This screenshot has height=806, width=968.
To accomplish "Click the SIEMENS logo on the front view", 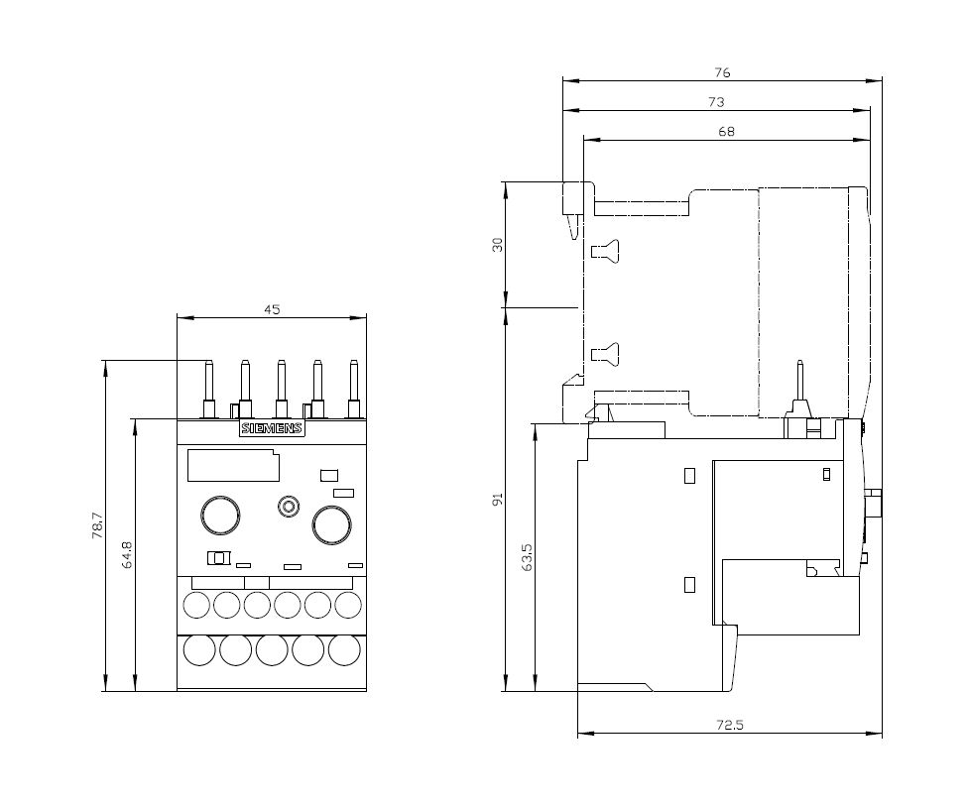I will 272,429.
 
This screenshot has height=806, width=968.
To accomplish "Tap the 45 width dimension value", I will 272,309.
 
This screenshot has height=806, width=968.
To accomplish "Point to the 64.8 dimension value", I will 126,555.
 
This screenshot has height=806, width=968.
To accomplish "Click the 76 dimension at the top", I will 722,72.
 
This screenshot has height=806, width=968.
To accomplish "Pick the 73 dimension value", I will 716,102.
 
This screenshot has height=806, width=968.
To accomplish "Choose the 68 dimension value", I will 727,132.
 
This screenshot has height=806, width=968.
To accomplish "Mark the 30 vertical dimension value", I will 498,244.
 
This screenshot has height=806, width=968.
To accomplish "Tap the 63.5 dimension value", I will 528,557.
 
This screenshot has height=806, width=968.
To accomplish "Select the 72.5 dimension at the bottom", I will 730,726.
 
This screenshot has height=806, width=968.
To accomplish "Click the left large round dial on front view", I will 220,516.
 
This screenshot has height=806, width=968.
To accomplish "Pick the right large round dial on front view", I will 332,524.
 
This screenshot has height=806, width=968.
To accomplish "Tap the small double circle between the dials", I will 289,507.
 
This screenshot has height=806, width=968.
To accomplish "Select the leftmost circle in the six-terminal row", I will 196,604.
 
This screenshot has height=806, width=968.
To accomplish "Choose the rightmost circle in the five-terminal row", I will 344,650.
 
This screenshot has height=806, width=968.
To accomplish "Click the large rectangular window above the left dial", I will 232,466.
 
